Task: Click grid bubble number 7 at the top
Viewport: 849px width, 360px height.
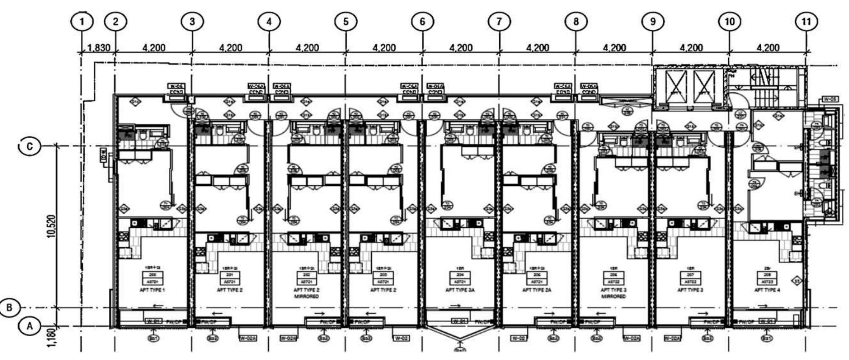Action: pos(499,21)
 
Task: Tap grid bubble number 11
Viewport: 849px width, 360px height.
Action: pos(806,21)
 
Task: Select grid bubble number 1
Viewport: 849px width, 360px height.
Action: pos(82,21)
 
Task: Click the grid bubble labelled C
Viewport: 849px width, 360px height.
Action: pos(30,146)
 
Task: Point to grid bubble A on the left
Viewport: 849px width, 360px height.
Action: pos(30,326)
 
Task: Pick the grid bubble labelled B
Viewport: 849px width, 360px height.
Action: pos(10,308)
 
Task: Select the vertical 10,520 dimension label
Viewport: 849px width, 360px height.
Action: pos(51,227)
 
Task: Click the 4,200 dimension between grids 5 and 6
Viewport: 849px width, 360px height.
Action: pos(384,48)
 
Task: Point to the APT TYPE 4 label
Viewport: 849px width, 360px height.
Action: pos(767,290)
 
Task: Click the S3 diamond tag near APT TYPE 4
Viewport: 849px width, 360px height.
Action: pos(797,280)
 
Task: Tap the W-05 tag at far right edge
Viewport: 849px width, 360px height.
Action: pos(830,99)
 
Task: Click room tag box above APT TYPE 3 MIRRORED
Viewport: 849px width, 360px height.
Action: pos(613,278)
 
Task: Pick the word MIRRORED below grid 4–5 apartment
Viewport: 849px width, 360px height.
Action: pos(306,296)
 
